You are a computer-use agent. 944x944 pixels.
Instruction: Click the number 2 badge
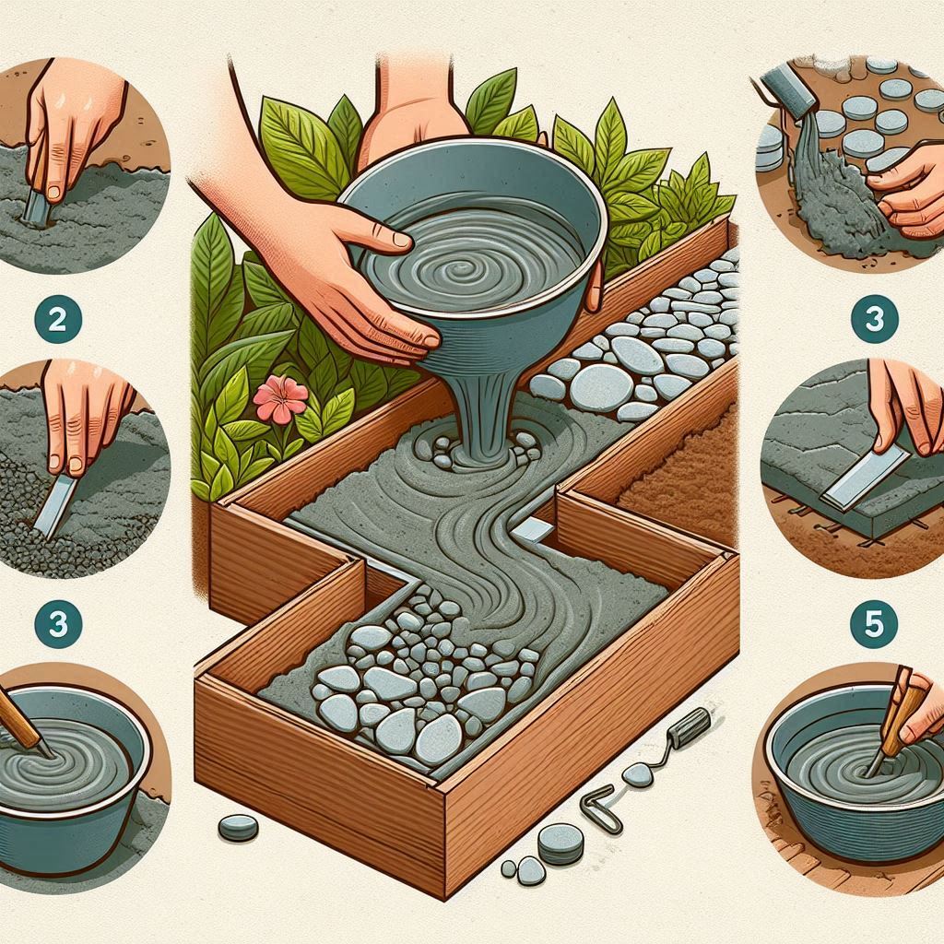[58, 319]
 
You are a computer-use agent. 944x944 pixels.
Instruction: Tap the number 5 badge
[874, 624]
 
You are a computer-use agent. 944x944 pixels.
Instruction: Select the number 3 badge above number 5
[874, 319]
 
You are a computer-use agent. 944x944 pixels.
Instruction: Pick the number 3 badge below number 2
[58, 624]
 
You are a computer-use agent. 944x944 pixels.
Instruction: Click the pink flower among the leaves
[281, 398]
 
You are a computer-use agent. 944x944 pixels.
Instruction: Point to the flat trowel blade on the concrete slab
[866, 477]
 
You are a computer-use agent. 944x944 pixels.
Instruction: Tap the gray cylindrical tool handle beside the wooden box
[691, 728]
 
